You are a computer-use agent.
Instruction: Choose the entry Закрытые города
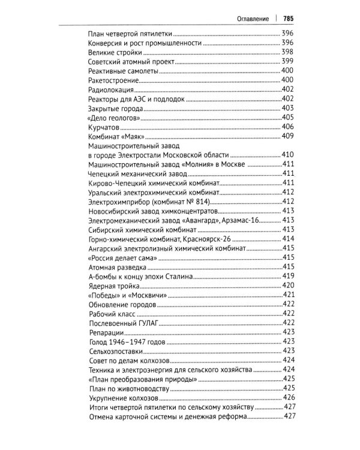[x=115, y=109]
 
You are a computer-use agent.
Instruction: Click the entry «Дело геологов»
[x=114, y=118]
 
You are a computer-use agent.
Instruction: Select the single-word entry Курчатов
[x=104, y=127]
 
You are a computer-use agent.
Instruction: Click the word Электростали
[x=143, y=155]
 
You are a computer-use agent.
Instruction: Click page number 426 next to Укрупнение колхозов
[x=288, y=397]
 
